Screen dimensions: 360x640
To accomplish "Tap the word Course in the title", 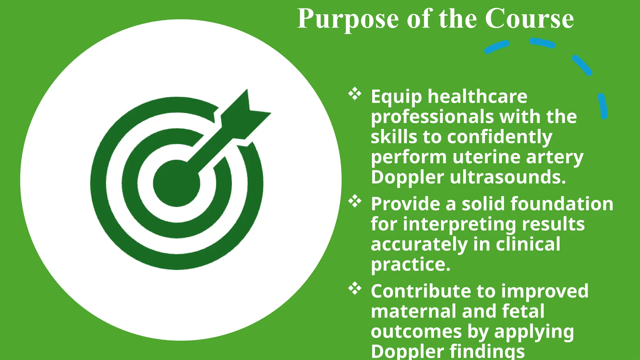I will pos(529,19).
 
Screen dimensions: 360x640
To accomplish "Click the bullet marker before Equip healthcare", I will pos(355,94).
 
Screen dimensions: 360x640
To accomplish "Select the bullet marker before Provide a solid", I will pos(355,201).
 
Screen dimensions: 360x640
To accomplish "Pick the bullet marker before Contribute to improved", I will pos(355,288).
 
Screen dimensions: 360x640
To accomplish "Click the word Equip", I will pos(396,97).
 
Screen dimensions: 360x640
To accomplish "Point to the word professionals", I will pos(432,117).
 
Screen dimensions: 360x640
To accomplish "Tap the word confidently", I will pos(499,137).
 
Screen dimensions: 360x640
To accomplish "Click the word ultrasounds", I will pos(508,177).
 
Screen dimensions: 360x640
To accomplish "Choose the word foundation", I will pos(562,204).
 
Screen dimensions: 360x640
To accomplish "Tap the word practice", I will pos(411,265).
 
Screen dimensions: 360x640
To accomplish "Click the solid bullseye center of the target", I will pos(177,183).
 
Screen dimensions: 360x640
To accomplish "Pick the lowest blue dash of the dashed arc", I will pos(603,106).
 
